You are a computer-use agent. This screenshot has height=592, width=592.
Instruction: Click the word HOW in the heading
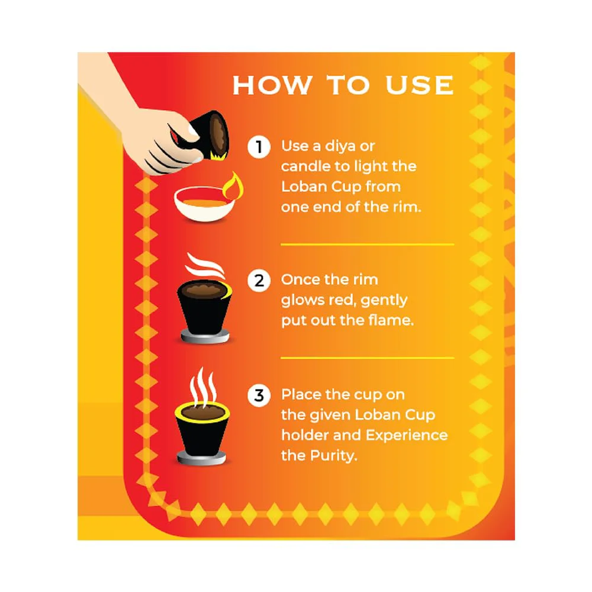click(272, 85)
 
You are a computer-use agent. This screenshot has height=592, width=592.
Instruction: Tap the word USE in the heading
click(420, 85)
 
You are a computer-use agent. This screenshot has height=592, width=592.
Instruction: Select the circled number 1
click(259, 146)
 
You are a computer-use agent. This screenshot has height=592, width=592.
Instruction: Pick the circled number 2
click(259, 281)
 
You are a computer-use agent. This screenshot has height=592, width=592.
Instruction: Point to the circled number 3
click(259, 395)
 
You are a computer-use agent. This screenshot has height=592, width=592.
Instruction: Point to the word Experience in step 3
click(407, 435)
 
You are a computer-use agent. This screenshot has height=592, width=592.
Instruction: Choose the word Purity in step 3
click(334, 456)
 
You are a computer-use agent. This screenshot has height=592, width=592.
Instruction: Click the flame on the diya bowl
click(233, 186)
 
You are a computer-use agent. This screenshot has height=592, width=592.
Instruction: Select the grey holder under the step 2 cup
click(205, 336)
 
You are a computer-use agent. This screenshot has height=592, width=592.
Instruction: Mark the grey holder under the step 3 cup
click(202, 458)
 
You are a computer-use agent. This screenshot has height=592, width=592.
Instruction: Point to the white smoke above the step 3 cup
click(203, 387)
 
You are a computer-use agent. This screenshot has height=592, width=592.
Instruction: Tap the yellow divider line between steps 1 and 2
click(368, 244)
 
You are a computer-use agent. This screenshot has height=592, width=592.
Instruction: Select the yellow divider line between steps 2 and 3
click(368, 358)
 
